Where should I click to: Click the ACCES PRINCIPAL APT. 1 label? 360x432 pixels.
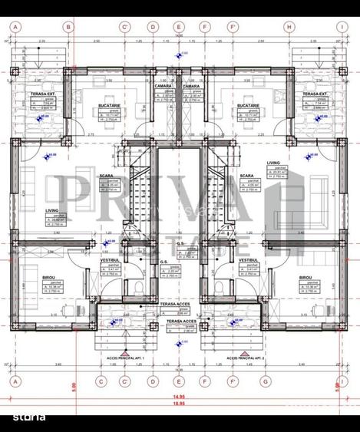point(124,358)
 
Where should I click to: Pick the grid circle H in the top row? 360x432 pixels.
point(289,25)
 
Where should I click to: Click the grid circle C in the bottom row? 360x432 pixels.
point(99,381)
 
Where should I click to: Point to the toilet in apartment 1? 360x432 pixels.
point(134,288)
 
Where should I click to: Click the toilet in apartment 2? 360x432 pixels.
point(223,288)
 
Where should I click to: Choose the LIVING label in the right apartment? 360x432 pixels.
point(272,163)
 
